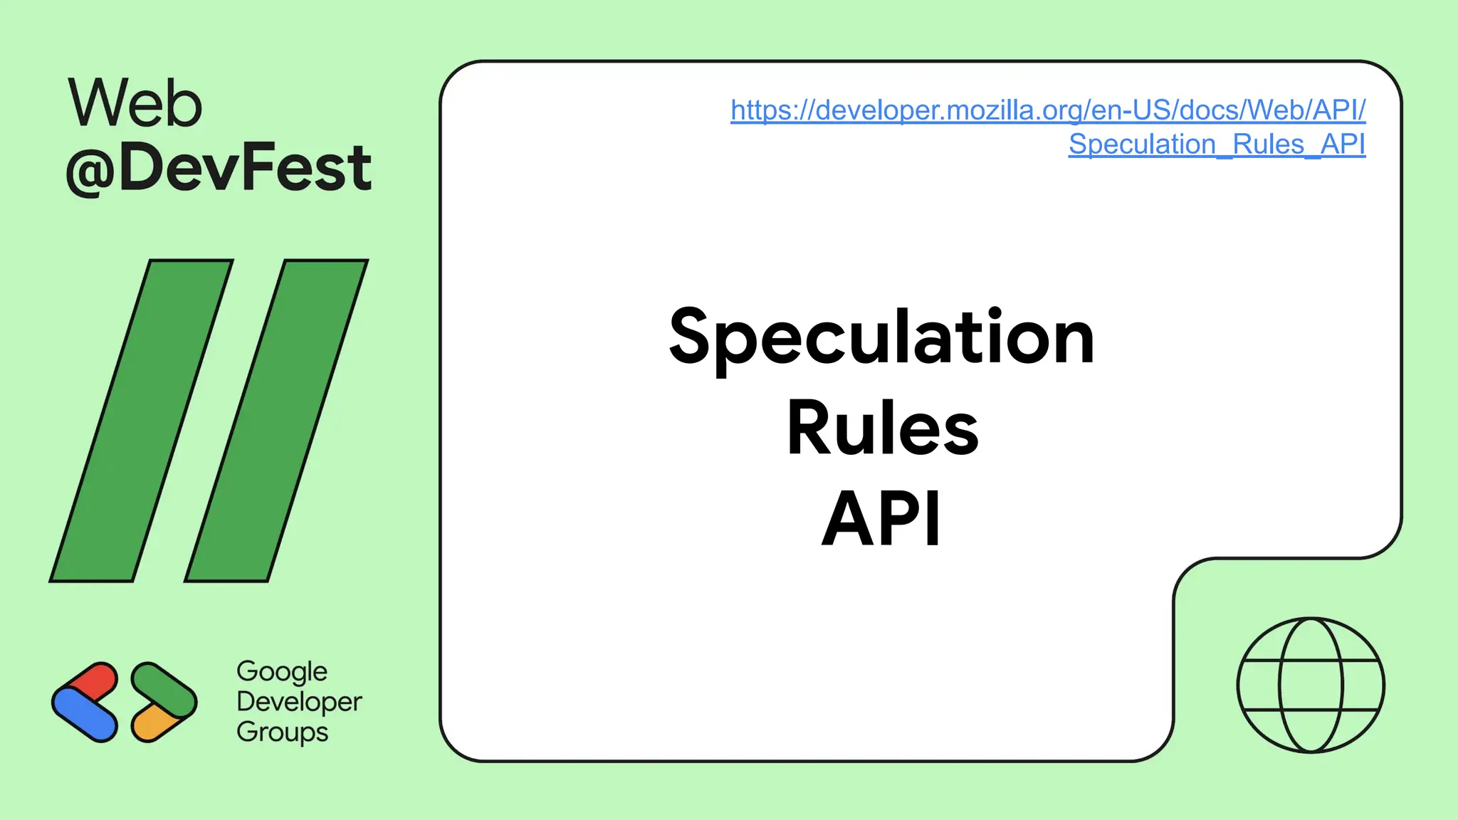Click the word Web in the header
click(135, 104)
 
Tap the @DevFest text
click(219, 168)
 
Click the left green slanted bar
click(142, 420)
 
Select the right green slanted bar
click(276, 420)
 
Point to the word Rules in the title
click(882, 428)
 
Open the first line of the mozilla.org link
click(1047, 110)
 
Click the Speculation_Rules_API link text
click(1217, 144)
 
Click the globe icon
click(1311, 685)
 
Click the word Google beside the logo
click(282, 672)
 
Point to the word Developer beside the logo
click(299, 702)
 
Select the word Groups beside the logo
click(282, 732)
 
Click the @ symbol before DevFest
click(90, 170)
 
